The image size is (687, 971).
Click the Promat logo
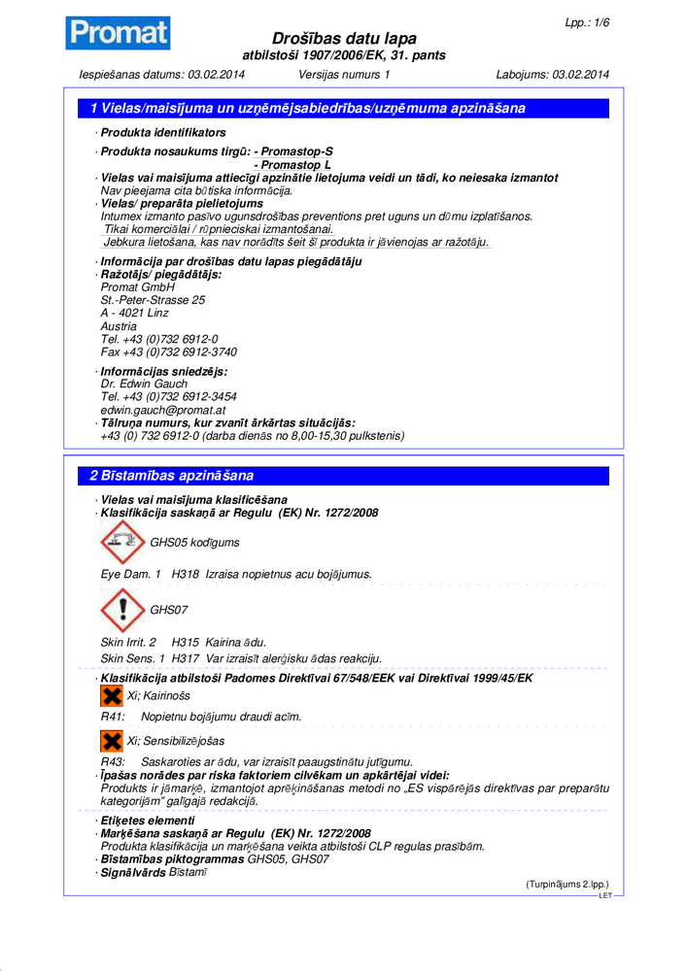pyautogui.click(x=118, y=33)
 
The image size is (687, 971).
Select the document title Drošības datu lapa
pyautogui.click(x=345, y=38)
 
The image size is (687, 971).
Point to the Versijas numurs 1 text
pyautogui.click(x=344, y=75)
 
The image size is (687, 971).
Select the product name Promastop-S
pyautogui.click(x=293, y=152)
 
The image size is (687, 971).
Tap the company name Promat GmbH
pyautogui.click(x=138, y=287)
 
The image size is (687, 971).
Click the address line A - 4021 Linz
pyautogui.click(x=134, y=314)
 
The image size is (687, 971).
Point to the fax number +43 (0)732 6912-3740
pyautogui.click(x=169, y=352)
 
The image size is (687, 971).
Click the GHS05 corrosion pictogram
pyautogui.click(x=122, y=542)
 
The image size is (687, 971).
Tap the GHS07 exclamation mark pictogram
pyautogui.click(x=122, y=610)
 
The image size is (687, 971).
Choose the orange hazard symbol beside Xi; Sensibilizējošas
pyautogui.click(x=112, y=741)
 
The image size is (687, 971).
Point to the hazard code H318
pyautogui.click(x=186, y=575)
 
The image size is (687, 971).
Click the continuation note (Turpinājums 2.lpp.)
pyautogui.click(x=567, y=885)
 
